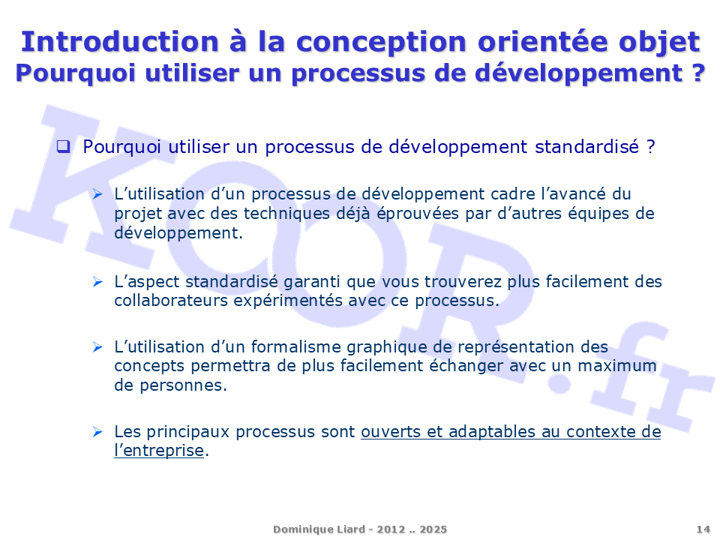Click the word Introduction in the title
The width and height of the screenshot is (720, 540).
tap(120, 42)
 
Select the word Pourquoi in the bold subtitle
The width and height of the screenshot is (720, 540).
tap(75, 73)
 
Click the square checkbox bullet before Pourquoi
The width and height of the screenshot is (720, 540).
tap(63, 146)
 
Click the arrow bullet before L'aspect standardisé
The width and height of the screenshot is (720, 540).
tap(97, 281)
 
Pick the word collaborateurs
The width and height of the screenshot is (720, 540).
tap(171, 300)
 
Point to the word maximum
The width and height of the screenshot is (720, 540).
tap(616, 367)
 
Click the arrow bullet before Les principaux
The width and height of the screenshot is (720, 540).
tap(97, 432)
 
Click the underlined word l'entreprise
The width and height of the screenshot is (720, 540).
tap(159, 451)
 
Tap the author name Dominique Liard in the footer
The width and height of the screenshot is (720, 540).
tap(319, 529)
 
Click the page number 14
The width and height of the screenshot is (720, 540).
tap(703, 529)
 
